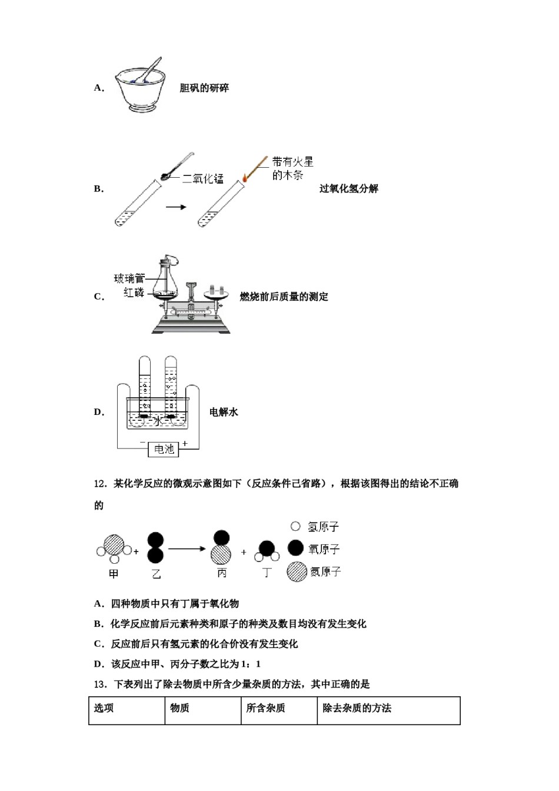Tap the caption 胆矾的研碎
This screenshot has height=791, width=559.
(x=204, y=88)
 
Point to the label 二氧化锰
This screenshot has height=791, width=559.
(x=202, y=179)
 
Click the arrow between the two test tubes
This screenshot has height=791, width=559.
(x=175, y=207)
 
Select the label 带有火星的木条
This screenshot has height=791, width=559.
(x=292, y=168)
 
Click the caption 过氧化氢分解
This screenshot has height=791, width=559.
(x=348, y=189)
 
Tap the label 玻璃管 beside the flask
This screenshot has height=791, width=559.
(x=129, y=278)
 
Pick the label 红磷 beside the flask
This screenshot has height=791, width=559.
(x=134, y=293)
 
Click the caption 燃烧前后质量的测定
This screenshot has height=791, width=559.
(x=284, y=297)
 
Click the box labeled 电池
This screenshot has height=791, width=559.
(x=164, y=450)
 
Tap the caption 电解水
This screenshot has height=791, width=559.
(x=224, y=412)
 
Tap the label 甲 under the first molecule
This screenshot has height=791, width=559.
(x=114, y=573)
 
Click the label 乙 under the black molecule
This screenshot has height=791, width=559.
(x=156, y=574)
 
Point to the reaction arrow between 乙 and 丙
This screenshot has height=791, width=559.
(x=187, y=549)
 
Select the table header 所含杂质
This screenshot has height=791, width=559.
(x=265, y=708)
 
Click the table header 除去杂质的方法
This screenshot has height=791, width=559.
(x=357, y=708)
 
